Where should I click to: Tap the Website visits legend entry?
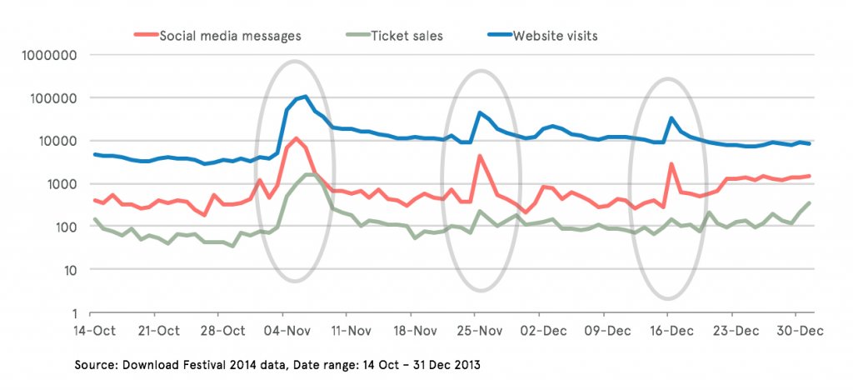(555, 36)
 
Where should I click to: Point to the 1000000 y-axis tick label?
(47, 55)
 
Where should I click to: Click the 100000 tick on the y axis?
(51, 98)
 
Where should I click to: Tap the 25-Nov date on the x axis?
(478, 331)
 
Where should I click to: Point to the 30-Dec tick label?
(800, 331)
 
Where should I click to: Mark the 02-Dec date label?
(543, 331)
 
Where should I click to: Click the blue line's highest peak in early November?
(306, 96)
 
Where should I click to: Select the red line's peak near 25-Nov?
(479, 155)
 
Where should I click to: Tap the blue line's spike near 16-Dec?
(671, 117)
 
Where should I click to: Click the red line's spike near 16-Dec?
(671, 163)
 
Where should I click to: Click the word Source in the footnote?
(95, 365)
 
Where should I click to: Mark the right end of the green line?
(810, 202)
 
